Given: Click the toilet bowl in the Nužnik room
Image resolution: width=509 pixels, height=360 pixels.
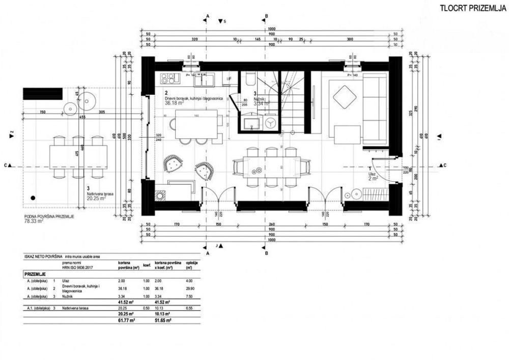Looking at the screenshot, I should tap(249, 79).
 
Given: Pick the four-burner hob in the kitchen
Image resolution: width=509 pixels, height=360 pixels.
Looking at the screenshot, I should tap(169, 78).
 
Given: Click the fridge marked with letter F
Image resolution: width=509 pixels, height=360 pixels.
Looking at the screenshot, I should tap(230, 78).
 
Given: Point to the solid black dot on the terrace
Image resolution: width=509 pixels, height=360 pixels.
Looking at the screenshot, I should tap(33, 197).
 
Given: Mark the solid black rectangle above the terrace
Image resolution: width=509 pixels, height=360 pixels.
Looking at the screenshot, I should tap(43, 94).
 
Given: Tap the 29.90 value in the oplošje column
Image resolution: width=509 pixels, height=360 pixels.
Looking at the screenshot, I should tap(191, 287).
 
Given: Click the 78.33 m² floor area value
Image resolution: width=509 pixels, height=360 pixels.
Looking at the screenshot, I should tap(34, 221).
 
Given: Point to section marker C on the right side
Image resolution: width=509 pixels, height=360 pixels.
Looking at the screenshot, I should tap(443, 165).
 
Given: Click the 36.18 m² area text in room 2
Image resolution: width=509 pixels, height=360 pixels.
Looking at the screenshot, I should tap(175, 102).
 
